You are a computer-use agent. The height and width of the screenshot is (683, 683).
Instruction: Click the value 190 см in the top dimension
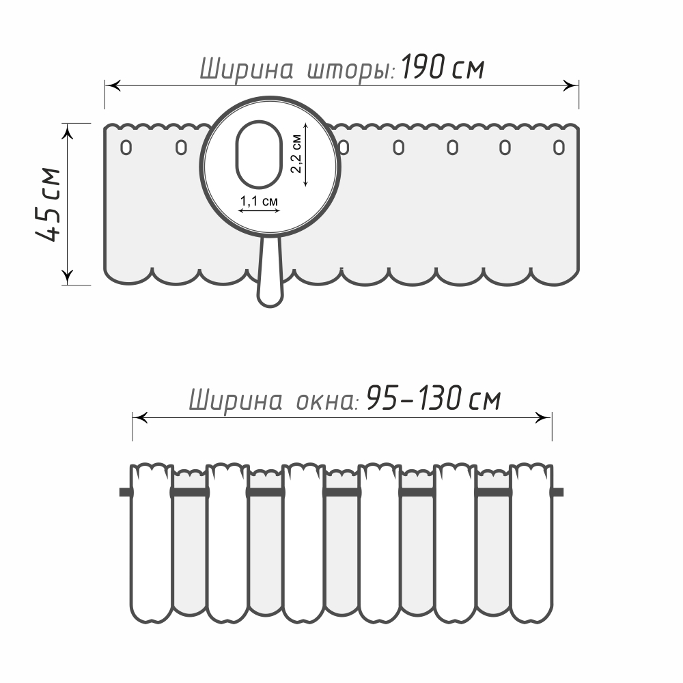pyautogui.click(x=442, y=67)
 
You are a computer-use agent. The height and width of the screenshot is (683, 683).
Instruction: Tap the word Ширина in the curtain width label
pyautogui.click(x=247, y=70)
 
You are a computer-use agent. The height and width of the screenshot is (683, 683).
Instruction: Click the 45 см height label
pyautogui.click(x=48, y=204)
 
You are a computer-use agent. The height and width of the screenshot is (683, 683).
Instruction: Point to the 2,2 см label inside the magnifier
pyautogui.click(x=296, y=154)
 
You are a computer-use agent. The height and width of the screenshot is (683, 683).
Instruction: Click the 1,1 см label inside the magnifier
pyautogui.click(x=259, y=201)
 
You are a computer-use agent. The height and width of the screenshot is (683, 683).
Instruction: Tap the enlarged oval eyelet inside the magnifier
pyautogui.click(x=259, y=154)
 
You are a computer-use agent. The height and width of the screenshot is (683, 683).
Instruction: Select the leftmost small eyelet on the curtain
pyautogui.click(x=126, y=148)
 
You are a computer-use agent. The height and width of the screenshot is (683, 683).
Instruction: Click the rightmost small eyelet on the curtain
pyautogui.click(x=559, y=148)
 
